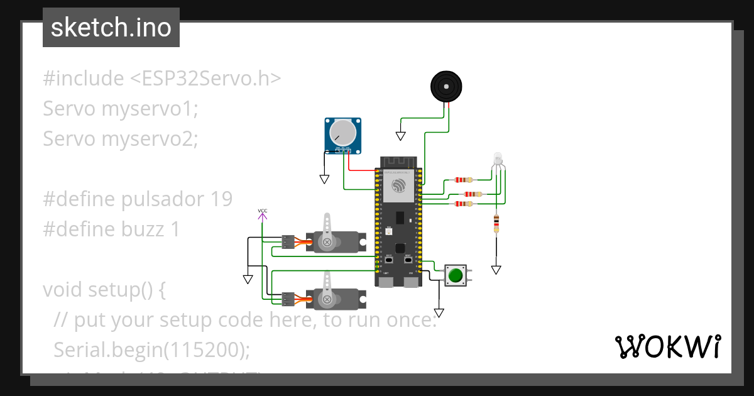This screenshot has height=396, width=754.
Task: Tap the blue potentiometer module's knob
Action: click(343, 132)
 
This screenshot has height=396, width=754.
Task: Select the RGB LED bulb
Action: click(498, 159)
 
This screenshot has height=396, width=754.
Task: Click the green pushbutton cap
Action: click(456, 275)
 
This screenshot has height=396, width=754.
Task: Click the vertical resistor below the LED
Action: click(496, 223)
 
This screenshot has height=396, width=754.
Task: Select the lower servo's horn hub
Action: click(326, 298)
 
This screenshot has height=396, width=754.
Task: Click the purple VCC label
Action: click(263, 211)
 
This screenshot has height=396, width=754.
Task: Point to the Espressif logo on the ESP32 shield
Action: click(398, 185)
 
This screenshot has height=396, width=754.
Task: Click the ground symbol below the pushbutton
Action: click(439, 312)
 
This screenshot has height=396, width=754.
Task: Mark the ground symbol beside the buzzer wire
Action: click(400, 136)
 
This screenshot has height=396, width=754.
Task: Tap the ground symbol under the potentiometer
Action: click(324, 179)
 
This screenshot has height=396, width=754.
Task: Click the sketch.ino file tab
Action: click(111, 28)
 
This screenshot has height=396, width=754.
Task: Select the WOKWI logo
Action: click(667, 347)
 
